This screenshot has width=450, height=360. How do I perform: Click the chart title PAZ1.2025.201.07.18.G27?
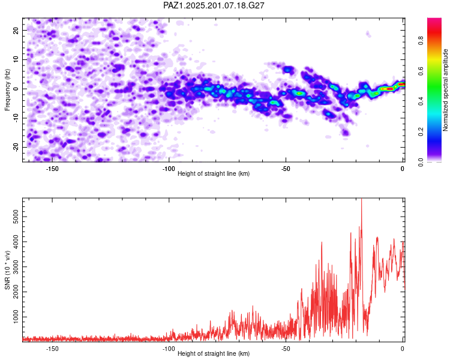tap(214, 5)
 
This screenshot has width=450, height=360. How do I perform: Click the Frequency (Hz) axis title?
tap(7, 90)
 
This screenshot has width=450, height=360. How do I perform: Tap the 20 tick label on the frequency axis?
tap(16, 31)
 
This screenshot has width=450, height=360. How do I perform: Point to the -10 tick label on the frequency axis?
tap(16, 118)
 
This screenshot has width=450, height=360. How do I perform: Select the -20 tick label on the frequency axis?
tap(16, 147)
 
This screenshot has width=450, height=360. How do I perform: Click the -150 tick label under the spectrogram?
tap(52, 169)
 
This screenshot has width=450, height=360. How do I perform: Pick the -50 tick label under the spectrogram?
tap(286, 169)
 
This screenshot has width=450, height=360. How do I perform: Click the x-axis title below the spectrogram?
tap(214, 173)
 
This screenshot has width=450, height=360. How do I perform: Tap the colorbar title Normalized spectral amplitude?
tap(445, 90)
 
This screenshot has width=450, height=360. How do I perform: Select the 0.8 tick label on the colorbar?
tap(421, 41)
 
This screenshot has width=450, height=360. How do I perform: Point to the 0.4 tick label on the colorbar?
tap(421, 101)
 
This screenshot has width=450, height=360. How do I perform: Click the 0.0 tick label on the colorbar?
tap(421, 162)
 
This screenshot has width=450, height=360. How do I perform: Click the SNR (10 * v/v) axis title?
tap(7, 270)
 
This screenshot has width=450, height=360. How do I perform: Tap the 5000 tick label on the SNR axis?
tap(16, 217)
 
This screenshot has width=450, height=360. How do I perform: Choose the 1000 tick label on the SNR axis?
tap(16, 317)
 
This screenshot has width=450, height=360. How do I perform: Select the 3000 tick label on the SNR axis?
tap(16, 266)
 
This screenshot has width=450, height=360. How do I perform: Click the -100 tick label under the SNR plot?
tap(169, 349)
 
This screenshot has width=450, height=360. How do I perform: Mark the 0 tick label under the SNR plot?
tap(403, 349)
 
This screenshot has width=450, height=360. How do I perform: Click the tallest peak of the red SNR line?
tap(361, 199)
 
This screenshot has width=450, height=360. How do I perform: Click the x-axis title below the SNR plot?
tap(214, 353)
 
